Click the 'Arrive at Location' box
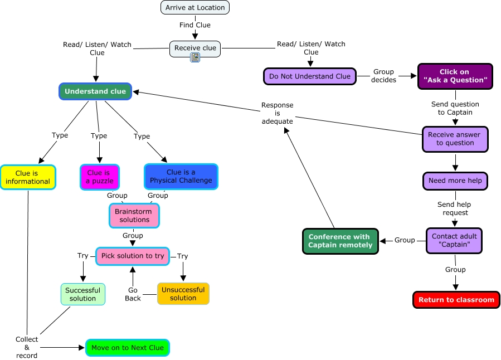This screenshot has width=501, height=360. [195, 8]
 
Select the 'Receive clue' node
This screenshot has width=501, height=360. [195, 48]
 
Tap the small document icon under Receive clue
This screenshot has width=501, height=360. [195, 58]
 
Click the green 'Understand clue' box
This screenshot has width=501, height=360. [95, 91]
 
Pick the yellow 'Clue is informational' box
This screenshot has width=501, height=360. [28, 177]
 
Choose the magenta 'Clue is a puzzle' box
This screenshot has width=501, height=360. [99, 177]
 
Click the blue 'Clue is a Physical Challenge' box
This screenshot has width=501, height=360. [181, 177]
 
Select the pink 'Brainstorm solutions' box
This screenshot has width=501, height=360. [134, 216]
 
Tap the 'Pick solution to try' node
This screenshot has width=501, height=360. [133, 256]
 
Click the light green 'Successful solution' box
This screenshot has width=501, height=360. [82, 294]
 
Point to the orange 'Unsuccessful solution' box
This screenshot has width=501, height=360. [183, 294]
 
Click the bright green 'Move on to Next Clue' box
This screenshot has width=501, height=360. [127, 348]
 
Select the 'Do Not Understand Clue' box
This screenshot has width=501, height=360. [309, 76]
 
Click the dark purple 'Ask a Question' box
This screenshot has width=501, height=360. [455, 76]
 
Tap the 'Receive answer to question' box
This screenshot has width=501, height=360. [455, 139]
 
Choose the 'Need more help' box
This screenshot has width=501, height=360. [455, 181]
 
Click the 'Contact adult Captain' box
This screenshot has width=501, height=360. [454, 241]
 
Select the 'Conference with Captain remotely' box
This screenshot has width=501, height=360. [340, 241]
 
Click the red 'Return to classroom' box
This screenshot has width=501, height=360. [456, 300]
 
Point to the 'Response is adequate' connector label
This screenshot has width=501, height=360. [277, 113]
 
